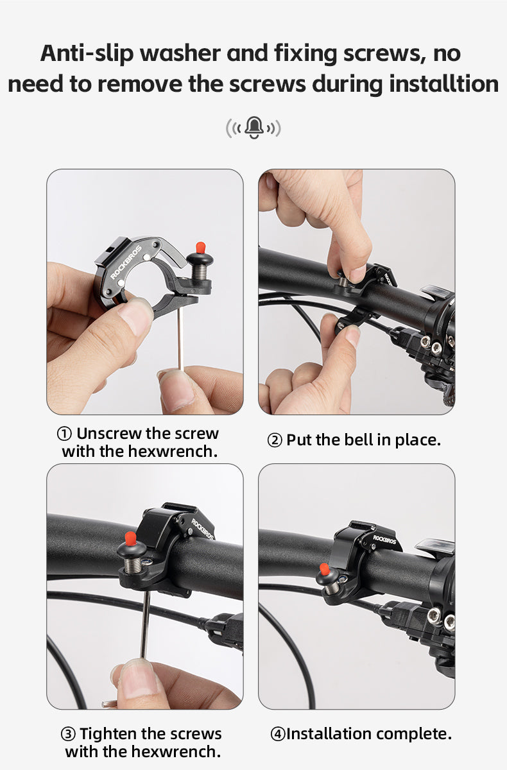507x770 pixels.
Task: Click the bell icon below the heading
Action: [254, 128]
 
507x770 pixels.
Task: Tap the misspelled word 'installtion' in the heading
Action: [443, 84]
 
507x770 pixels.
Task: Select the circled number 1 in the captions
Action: [64, 434]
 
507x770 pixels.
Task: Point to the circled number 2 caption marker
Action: [275, 440]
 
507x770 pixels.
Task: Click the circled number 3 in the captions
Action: [68, 734]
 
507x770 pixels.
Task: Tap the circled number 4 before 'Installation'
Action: [278, 734]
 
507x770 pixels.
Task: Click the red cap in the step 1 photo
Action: [201, 248]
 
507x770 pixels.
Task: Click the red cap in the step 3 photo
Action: [130, 538]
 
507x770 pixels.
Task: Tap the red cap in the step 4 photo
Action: [324, 570]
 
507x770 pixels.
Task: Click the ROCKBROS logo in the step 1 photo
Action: [126, 262]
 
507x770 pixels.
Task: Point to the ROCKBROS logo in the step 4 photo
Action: [384, 540]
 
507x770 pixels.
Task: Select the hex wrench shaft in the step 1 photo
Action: [180, 339]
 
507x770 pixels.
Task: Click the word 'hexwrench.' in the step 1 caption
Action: [173, 451]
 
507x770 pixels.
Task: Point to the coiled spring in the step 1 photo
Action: [199, 272]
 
